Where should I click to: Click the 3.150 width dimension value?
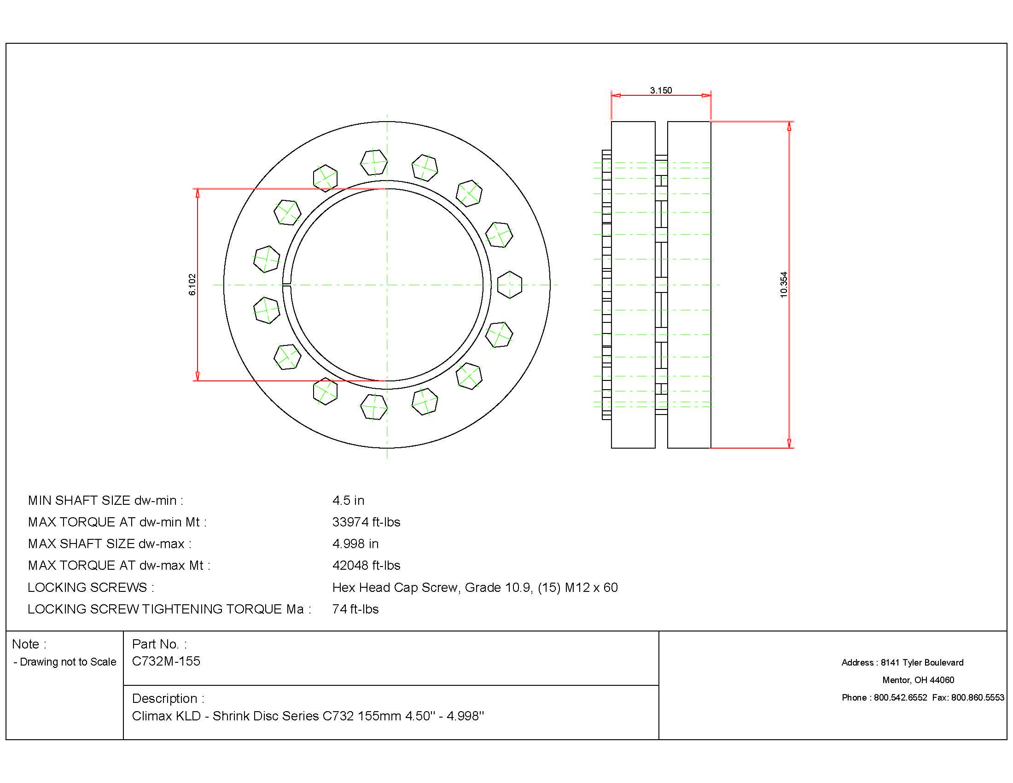pos(660,90)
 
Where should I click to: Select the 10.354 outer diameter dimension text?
pos(783,284)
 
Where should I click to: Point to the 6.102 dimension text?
pos(192,284)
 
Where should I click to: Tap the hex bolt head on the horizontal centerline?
pos(510,285)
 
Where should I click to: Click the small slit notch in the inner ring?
pos(287,285)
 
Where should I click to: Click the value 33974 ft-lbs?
pos(366,522)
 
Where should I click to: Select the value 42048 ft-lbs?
pos(366,565)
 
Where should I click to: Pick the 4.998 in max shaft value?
pos(355,543)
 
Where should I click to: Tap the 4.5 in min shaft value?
pos(348,500)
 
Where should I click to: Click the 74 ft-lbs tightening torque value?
pos(355,608)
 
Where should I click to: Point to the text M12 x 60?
pos(591,587)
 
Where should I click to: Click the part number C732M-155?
pos(166,661)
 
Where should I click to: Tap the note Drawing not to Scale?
pos(68,662)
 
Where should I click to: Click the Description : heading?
pos(168,698)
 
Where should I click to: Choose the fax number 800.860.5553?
pos(977,697)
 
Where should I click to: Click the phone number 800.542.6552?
pos(900,697)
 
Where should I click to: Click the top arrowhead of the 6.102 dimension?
pos(198,193)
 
